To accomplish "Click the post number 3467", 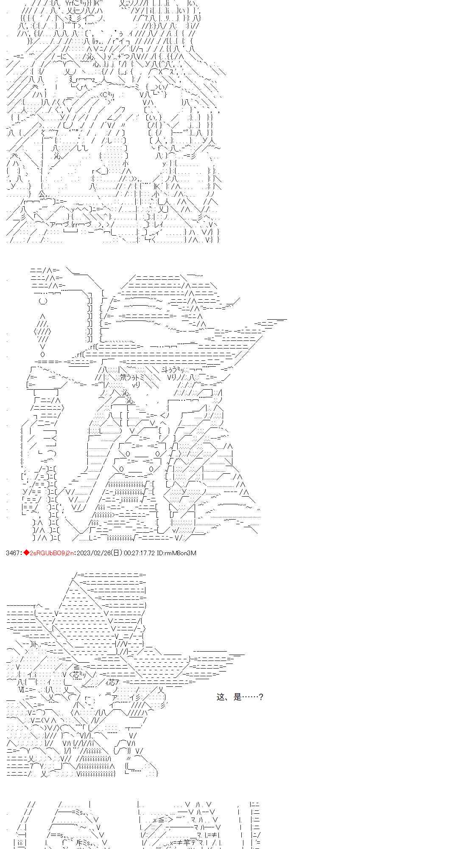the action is click(13, 553).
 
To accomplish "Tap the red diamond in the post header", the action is click(26, 553).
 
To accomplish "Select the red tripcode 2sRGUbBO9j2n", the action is click(52, 553).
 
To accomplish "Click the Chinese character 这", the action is click(221, 697).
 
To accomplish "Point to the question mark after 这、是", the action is click(261, 697).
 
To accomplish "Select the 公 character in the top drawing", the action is click(42, 194).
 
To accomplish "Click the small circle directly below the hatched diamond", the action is click(42, 354).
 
